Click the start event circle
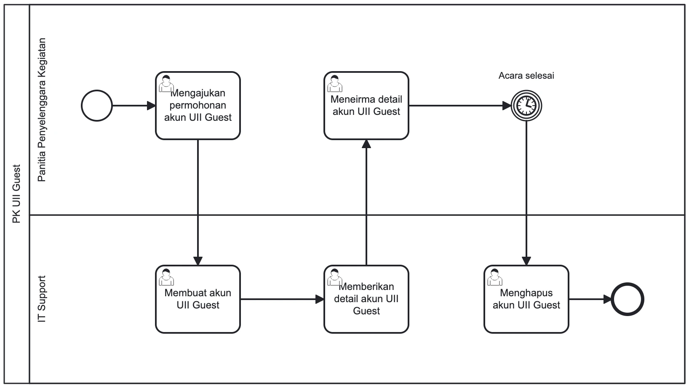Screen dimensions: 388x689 point(97,106)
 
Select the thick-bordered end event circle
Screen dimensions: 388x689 point(627,300)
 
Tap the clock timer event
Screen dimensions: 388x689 point(526,106)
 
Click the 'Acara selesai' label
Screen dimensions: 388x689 point(526,76)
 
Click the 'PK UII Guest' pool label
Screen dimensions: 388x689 point(16,194)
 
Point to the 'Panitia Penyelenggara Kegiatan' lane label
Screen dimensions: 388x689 point(41,110)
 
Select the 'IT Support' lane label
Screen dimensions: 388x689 point(41,299)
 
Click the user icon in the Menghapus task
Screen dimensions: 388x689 point(494,277)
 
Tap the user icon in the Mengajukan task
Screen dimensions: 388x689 point(166,83)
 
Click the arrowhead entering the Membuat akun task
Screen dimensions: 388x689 point(198,260)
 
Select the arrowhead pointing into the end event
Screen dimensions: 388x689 point(607,300)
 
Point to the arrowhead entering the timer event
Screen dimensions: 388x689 point(507,106)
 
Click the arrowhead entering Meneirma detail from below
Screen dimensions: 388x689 point(366,144)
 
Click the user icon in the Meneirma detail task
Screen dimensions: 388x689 point(335,83)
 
